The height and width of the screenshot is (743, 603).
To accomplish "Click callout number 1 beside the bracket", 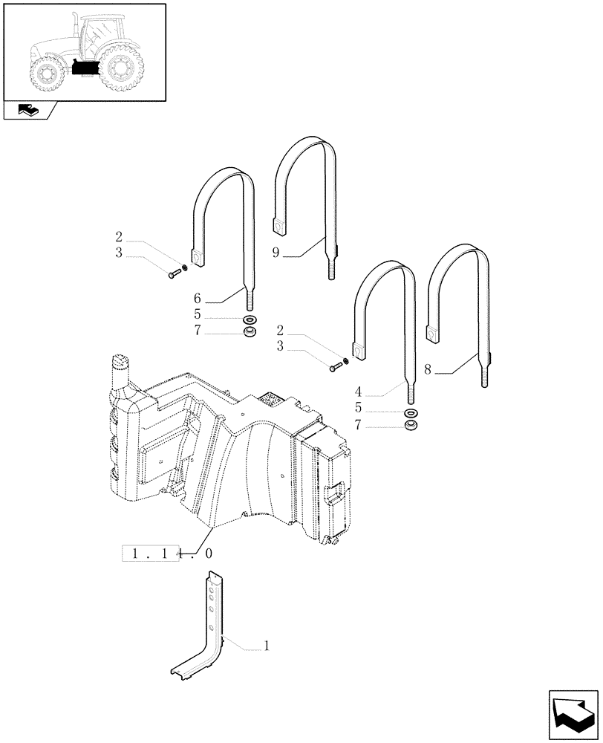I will tap(266, 647).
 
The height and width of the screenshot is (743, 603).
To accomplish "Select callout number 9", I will tap(276, 253).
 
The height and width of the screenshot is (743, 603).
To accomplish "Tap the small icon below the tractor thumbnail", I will tap(29, 111).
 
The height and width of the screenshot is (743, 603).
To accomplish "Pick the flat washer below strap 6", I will tap(250, 319).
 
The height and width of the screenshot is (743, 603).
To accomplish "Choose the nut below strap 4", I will tap(410, 426).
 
